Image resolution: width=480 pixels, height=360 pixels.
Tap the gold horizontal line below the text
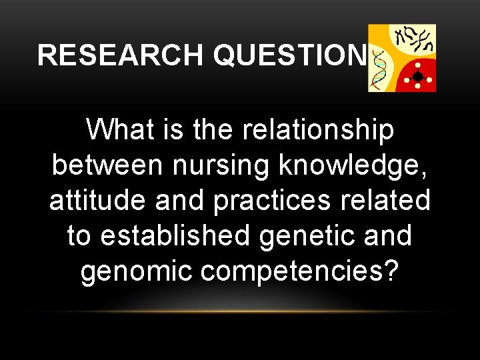coord(240,311)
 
